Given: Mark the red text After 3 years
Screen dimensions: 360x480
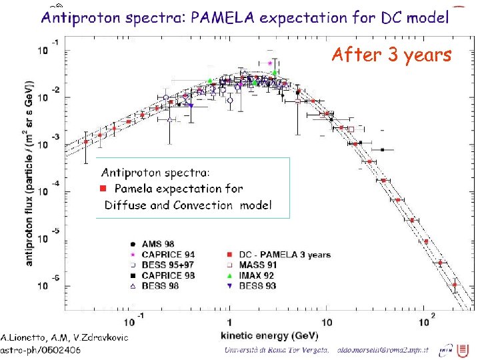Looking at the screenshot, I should click(391, 55).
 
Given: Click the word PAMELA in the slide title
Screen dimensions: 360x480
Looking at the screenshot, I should click(223, 17).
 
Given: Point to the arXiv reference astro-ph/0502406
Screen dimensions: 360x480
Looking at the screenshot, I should click(41, 349).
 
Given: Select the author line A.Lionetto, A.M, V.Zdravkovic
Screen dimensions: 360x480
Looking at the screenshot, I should click(64, 337).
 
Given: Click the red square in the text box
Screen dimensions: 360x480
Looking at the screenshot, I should click(103, 189).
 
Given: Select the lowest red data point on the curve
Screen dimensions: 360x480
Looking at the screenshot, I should click(455, 285).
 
